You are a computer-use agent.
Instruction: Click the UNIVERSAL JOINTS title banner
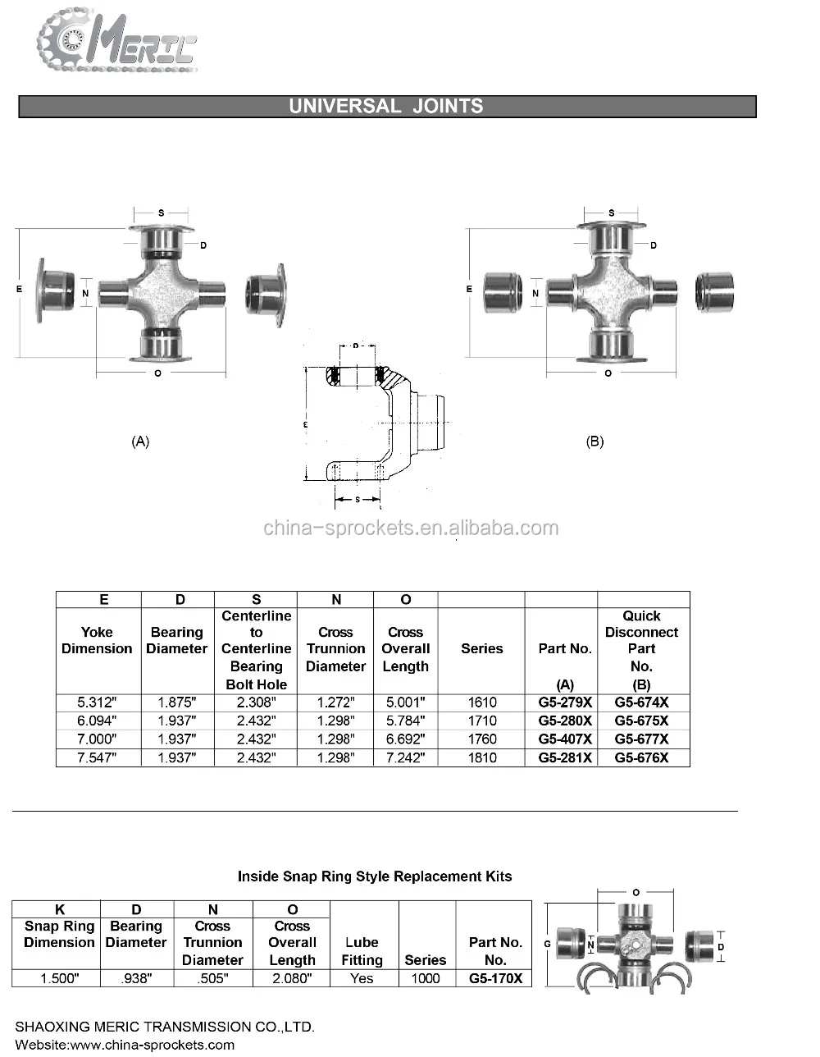386,107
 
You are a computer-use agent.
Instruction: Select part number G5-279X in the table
564,702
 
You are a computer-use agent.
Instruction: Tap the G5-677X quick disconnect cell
641,739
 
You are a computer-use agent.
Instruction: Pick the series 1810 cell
481,757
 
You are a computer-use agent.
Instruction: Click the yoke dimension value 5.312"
97,702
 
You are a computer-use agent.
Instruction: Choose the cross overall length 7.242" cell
405,757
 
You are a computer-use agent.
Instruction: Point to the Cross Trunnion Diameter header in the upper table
335,649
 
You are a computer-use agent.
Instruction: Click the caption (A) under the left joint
140,442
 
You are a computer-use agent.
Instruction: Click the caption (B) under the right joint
594,442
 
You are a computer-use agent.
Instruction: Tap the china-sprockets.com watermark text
411,528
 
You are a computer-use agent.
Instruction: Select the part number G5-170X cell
494,978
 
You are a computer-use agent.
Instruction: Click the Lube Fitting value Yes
361,978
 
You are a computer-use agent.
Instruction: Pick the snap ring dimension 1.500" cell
56,978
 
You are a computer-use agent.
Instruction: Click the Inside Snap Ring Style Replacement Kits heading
374,876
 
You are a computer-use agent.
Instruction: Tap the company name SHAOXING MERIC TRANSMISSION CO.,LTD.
165,1027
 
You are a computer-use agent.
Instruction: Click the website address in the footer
125,1045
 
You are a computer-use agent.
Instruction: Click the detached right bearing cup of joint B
714,291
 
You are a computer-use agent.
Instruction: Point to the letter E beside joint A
20,290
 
